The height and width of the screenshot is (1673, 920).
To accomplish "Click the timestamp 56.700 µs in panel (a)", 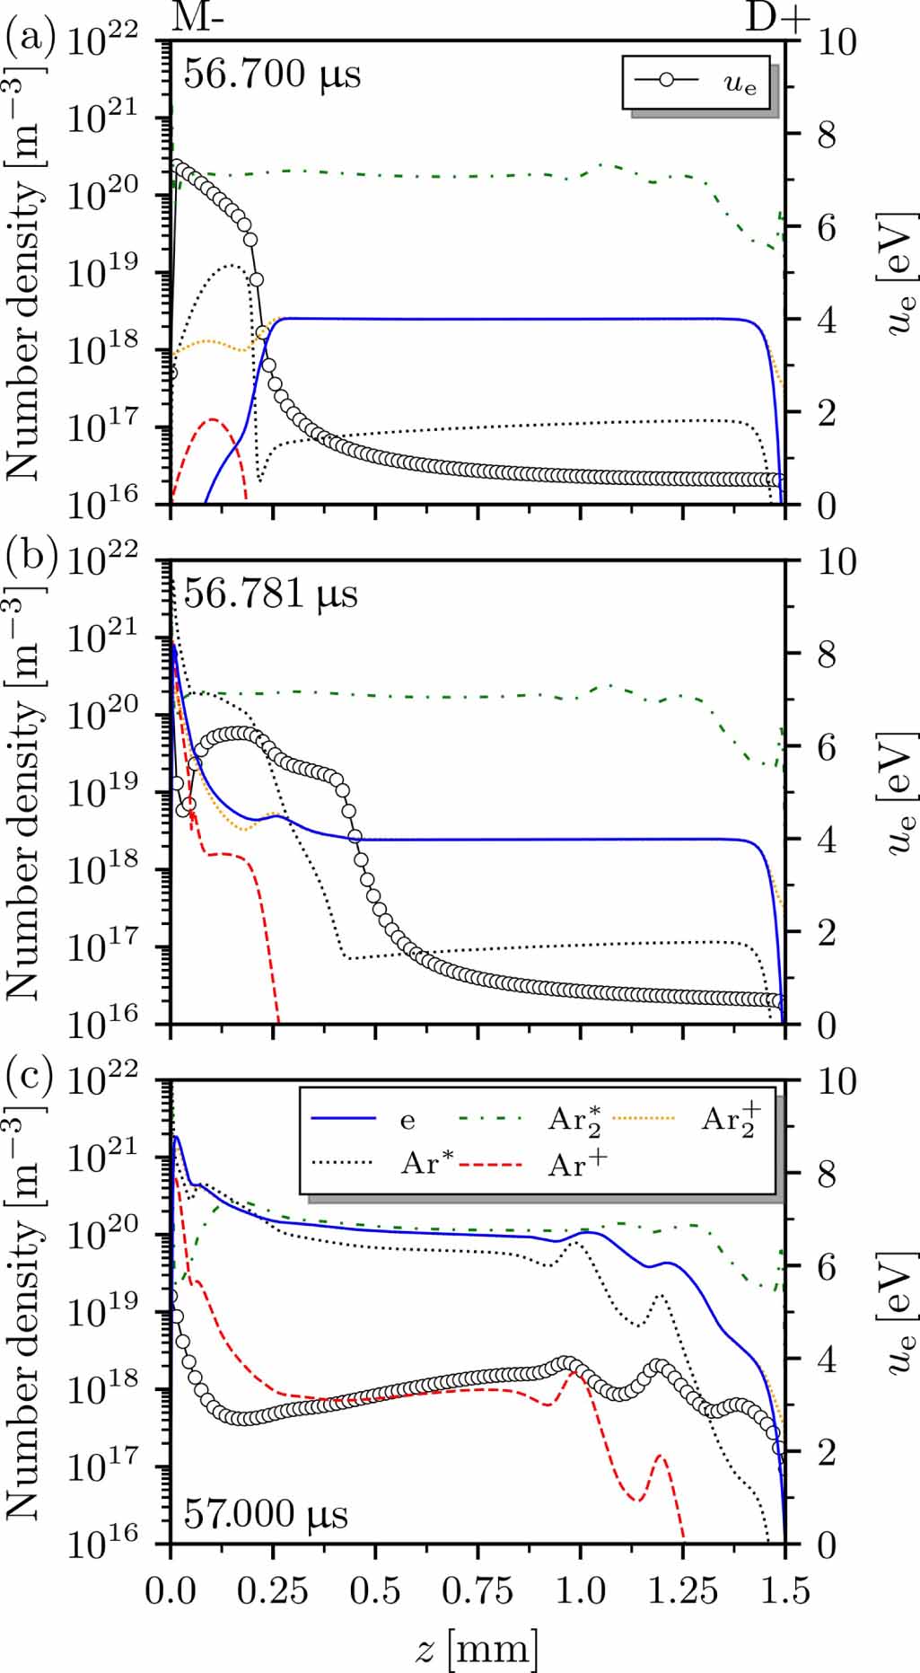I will pos(272,74).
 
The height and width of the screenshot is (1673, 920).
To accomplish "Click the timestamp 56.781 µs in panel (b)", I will pos(270,594).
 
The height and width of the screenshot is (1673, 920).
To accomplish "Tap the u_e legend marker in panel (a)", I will pos(666,80).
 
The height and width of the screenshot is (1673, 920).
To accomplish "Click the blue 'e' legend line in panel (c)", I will pos(343,1119).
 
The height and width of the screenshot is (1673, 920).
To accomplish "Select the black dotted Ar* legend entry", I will pos(343,1165).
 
